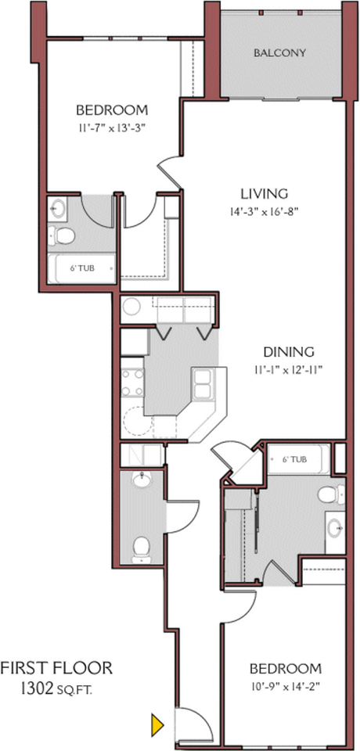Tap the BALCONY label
(x=279, y=52)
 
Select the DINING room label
(x=289, y=352)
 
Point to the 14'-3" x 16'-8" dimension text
(x=265, y=212)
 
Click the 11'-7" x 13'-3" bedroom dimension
(x=112, y=128)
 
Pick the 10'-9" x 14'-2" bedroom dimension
(x=286, y=685)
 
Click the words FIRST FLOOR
(x=56, y=667)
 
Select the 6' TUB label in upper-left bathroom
(x=82, y=268)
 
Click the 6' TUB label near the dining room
(x=293, y=459)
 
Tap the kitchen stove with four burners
(x=131, y=383)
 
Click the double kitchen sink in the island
(x=203, y=385)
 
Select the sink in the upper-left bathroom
(x=59, y=209)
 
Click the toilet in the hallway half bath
(x=142, y=549)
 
